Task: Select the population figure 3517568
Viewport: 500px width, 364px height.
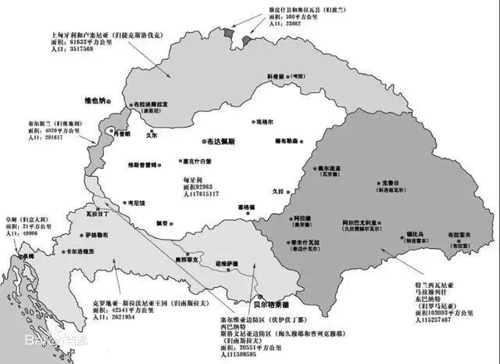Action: [70, 49]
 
